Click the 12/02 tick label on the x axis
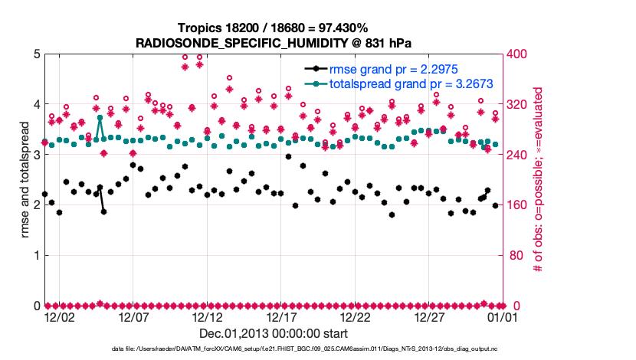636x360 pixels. [x=60, y=316]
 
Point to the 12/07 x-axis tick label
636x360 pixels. [x=133, y=316]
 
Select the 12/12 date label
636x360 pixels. [x=208, y=316]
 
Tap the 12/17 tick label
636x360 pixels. [x=281, y=316]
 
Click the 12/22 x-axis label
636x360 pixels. [x=356, y=316]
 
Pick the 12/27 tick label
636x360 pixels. [x=430, y=316]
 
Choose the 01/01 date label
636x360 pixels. [x=503, y=316]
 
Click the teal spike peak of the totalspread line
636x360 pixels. [x=100, y=117]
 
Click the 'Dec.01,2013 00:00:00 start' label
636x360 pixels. [x=274, y=333]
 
